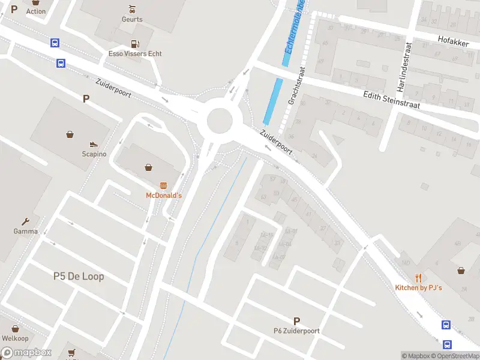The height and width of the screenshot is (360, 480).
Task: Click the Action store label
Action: pos(35,11)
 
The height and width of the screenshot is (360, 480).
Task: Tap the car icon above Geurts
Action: pos(132,9)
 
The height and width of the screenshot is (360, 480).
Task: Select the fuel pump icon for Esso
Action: pos(135,43)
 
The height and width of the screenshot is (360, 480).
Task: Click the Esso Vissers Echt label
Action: pos(135,53)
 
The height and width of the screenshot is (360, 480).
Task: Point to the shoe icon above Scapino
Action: pos(94,144)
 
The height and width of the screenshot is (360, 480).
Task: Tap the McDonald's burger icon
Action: pos(163,185)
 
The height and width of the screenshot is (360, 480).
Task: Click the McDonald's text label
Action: pos(164,196)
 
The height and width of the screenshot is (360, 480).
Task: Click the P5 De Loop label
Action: pos(78,276)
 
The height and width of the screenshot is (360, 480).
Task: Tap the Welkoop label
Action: pos(15,338)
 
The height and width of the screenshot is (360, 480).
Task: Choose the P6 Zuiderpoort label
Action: pos(296,331)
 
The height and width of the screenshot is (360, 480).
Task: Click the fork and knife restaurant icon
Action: pos(419,278)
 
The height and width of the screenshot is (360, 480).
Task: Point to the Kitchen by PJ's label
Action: pos(418,288)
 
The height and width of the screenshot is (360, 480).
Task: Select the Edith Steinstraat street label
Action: pos(392,100)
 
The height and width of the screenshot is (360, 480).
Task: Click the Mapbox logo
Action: pos(25,353)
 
